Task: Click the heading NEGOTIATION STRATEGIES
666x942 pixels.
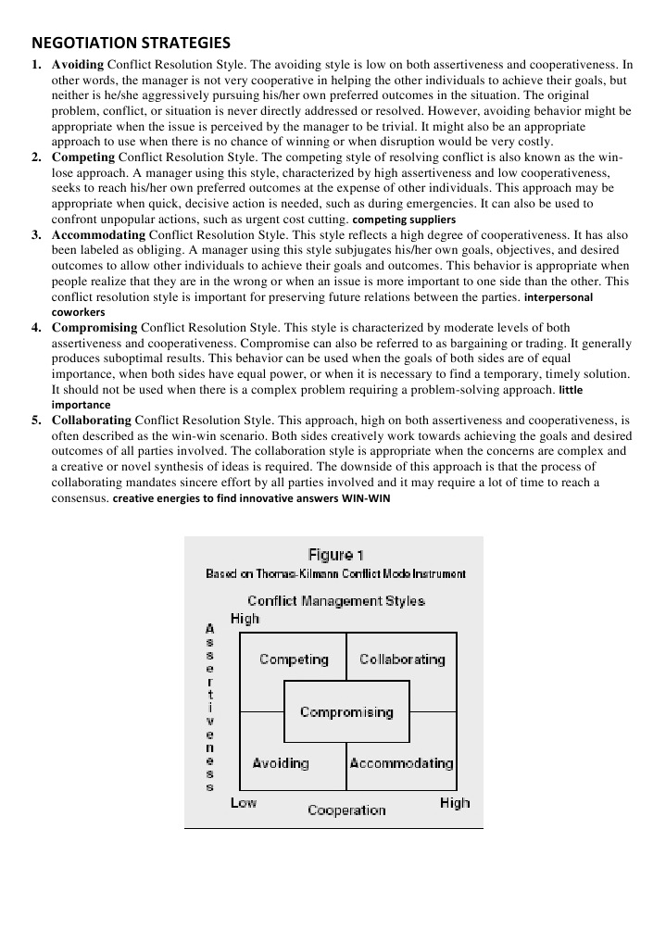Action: (x=131, y=43)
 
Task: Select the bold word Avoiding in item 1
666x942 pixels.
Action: (x=78, y=65)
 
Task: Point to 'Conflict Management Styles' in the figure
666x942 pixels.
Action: (x=335, y=600)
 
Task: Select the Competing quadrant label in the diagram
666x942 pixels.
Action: (x=294, y=659)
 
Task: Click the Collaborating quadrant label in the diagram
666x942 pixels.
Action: (x=402, y=659)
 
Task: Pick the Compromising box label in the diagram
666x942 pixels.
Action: (x=346, y=712)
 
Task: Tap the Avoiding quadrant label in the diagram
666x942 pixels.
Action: (x=281, y=763)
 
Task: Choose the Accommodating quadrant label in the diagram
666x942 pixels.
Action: (x=401, y=763)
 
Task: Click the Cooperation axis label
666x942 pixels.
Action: (x=346, y=810)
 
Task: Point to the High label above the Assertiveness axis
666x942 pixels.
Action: (x=245, y=619)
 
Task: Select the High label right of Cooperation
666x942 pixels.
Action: (x=455, y=803)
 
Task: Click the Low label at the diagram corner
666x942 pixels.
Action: (x=244, y=802)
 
